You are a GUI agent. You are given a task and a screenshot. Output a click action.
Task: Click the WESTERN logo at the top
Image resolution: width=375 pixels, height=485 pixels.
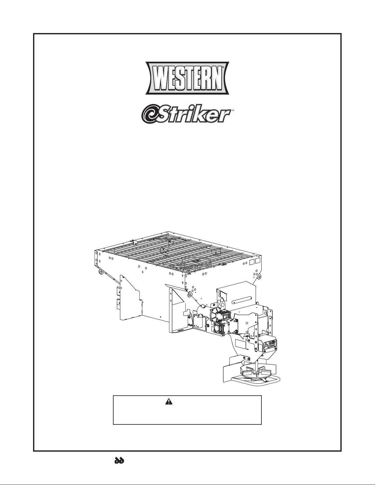pyautogui.click(x=187, y=79)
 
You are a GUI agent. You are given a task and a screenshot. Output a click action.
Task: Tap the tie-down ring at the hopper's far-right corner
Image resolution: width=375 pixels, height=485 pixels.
pyautogui.click(x=259, y=277)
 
